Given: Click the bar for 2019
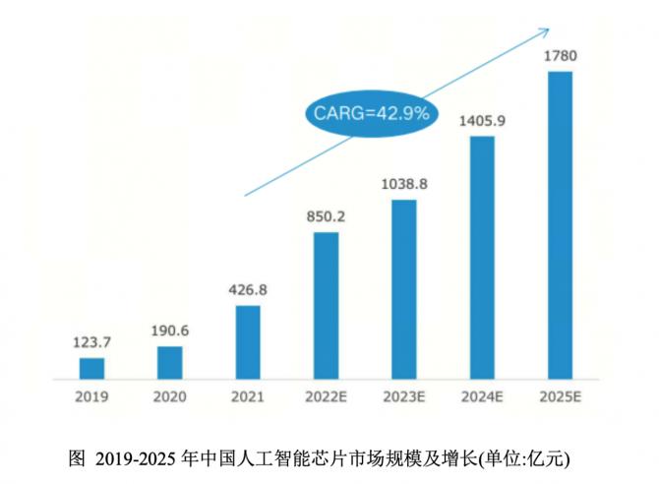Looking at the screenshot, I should click(91, 369).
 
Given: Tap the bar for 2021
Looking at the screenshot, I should click(248, 342).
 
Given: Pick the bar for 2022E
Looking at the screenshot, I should click(326, 306).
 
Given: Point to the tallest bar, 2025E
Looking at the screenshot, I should click(560, 225).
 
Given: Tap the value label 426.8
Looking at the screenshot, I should click(248, 290).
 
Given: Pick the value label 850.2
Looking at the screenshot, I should click(326, 217).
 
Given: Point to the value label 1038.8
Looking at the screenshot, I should click(403, 185).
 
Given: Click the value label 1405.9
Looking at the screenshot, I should click(482, 121).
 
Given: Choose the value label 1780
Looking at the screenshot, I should click(560, 55).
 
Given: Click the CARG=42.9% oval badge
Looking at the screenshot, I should click(371, 113).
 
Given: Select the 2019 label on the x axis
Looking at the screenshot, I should click(91, 397).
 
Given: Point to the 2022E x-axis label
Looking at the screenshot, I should click(326, 397).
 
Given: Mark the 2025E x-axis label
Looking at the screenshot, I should click(560, 397).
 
